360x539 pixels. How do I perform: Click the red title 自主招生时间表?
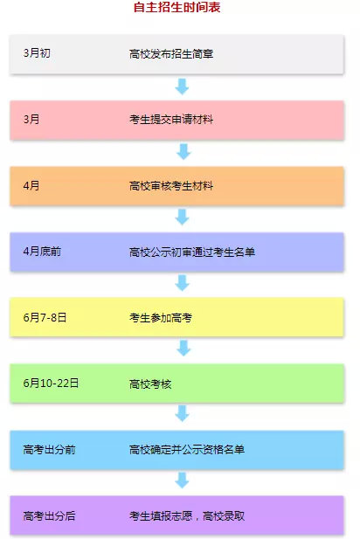pos(177,7)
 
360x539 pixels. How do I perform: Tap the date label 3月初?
pos(37,53)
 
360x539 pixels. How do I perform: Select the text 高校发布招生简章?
pos(171,54)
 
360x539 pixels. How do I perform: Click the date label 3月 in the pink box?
pos(31,120)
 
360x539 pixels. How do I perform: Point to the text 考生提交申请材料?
pos(171,120)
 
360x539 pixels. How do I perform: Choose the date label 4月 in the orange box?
pos(31,185)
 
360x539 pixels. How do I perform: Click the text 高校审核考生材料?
pos(171,186)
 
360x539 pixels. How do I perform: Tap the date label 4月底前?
pos(42,252)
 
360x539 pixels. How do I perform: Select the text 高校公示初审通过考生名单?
pos(192,252)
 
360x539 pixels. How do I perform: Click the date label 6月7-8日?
pos(45,317)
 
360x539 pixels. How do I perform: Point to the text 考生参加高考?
pos(161,318)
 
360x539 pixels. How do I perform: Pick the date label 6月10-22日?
pos(51,383)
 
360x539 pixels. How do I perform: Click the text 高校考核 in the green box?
pos(150,384)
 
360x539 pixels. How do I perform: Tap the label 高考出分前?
pos(49,449)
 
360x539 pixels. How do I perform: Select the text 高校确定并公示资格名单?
pos(187,449)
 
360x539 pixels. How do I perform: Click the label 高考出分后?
pos(49,515)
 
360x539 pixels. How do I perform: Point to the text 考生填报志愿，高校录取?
pos(187,516)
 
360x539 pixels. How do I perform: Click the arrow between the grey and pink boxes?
pos(182,86)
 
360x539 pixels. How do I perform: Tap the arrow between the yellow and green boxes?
pos(183,348)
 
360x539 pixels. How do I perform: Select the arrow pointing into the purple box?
pos(182,480)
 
